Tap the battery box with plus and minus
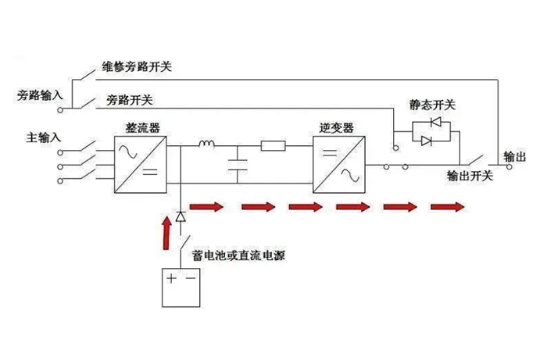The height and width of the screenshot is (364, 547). (x=181, y=289)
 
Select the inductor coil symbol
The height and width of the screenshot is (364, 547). (x=207, y=144)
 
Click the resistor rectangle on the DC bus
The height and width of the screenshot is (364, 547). (x=273, y=145)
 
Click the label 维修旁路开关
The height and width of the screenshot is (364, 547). (x=136, y=67)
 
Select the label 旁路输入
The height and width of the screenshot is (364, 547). (x=39, y=95)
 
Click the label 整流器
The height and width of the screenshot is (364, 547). (x=142, y=127)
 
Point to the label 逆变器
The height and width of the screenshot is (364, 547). (x=338, y=127)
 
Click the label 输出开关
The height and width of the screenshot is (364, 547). (x=469, y=176)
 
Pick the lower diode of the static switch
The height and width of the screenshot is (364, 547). (x=427, y=141)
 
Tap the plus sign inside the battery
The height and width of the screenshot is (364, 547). (x=171, y=278)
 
